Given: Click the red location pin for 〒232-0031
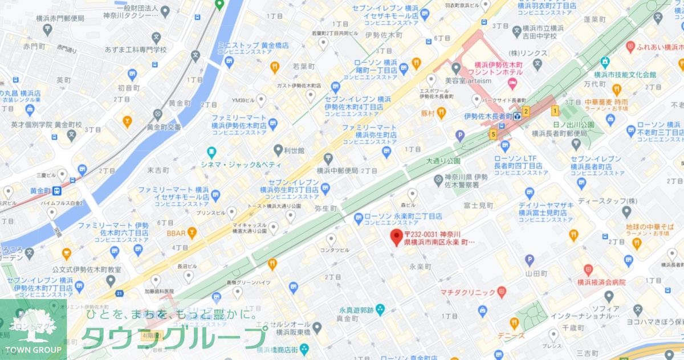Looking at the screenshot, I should click(395, 238).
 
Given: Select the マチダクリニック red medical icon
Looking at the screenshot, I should click(502, 292).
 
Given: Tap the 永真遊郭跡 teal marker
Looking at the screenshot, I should click(380, 309).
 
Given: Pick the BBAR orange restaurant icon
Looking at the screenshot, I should click(192, 232).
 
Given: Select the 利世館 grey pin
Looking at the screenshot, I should click(278, 151).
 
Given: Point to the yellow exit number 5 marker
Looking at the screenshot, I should click(492, 134).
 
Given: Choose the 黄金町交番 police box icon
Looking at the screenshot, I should click(158, 114).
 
